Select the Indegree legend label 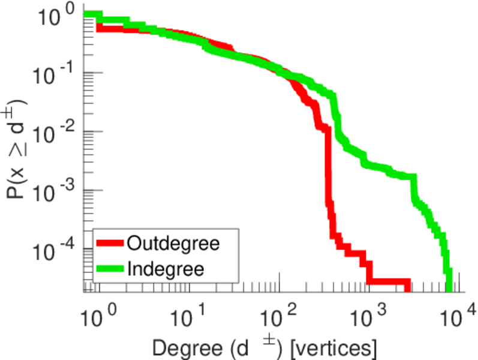point(166,268)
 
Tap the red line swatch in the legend point(110,244)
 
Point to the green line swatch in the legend point(110,268)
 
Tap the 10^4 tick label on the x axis point(458,314)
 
